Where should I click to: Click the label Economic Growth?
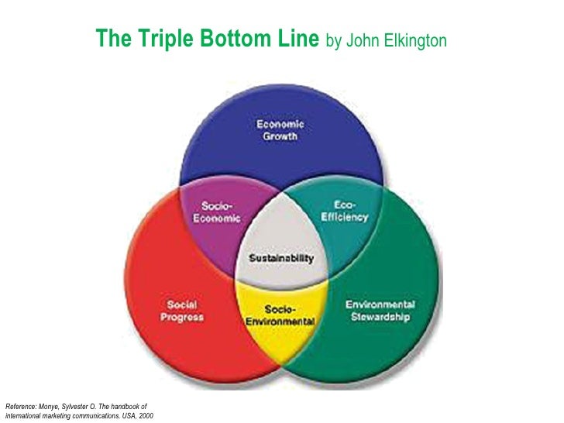pyautogui.click(x=280, y=129)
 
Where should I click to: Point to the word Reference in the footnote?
pyautogui.click(x=22, y=406)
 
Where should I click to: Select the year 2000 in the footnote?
pyautogui.click(x=144, y=416)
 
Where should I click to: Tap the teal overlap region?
pyautogui.click(x=341, y=232)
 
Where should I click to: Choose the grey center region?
pyautogui.click(x=280, y=232)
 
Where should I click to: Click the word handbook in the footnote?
pyautogui.click(x=127, y=406)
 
